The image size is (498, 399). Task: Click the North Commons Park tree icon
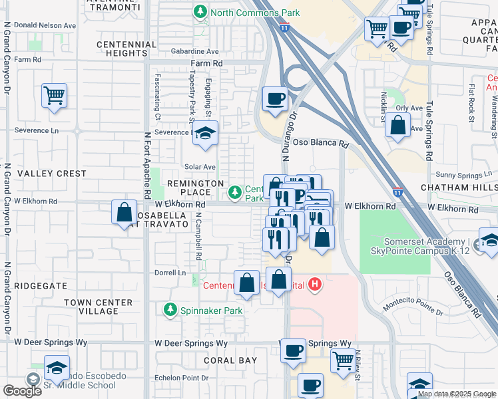click(x=199, y=12)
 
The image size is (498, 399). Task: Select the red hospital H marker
click(x=316, y=285)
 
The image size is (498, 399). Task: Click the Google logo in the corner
click(x=22, y=390)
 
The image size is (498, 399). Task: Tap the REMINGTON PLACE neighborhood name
click(x=195, y=188)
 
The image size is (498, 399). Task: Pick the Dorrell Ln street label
click(x=171, y=273)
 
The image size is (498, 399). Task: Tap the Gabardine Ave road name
click(x=194, y=51)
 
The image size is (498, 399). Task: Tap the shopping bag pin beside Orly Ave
click(x=397, y=126)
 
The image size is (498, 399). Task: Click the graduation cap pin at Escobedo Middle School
click(x=57, y=368)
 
